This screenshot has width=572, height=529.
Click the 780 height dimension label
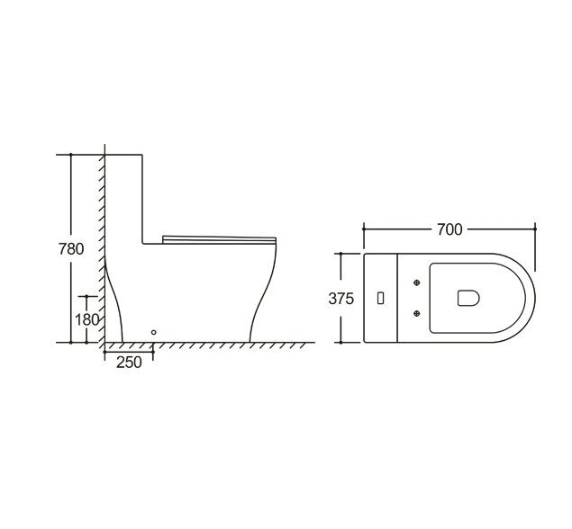[71, 249]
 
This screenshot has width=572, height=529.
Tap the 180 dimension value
[86, 320]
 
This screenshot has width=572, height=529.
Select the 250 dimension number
[129, 363]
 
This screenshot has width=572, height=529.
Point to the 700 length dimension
[449, 229]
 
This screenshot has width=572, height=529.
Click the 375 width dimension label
[341, 299]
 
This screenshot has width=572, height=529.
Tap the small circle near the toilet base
[153, 332]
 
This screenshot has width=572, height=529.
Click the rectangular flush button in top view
[380, 298]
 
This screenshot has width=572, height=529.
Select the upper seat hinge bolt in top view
[417, 282]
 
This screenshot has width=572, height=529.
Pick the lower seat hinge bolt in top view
[417, 313]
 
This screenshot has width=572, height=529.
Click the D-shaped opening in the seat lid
[468, 298]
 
